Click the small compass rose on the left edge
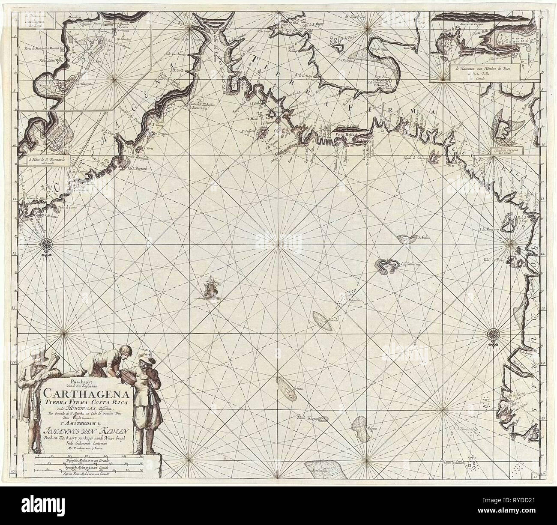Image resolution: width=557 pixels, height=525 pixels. tap(45, 245)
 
